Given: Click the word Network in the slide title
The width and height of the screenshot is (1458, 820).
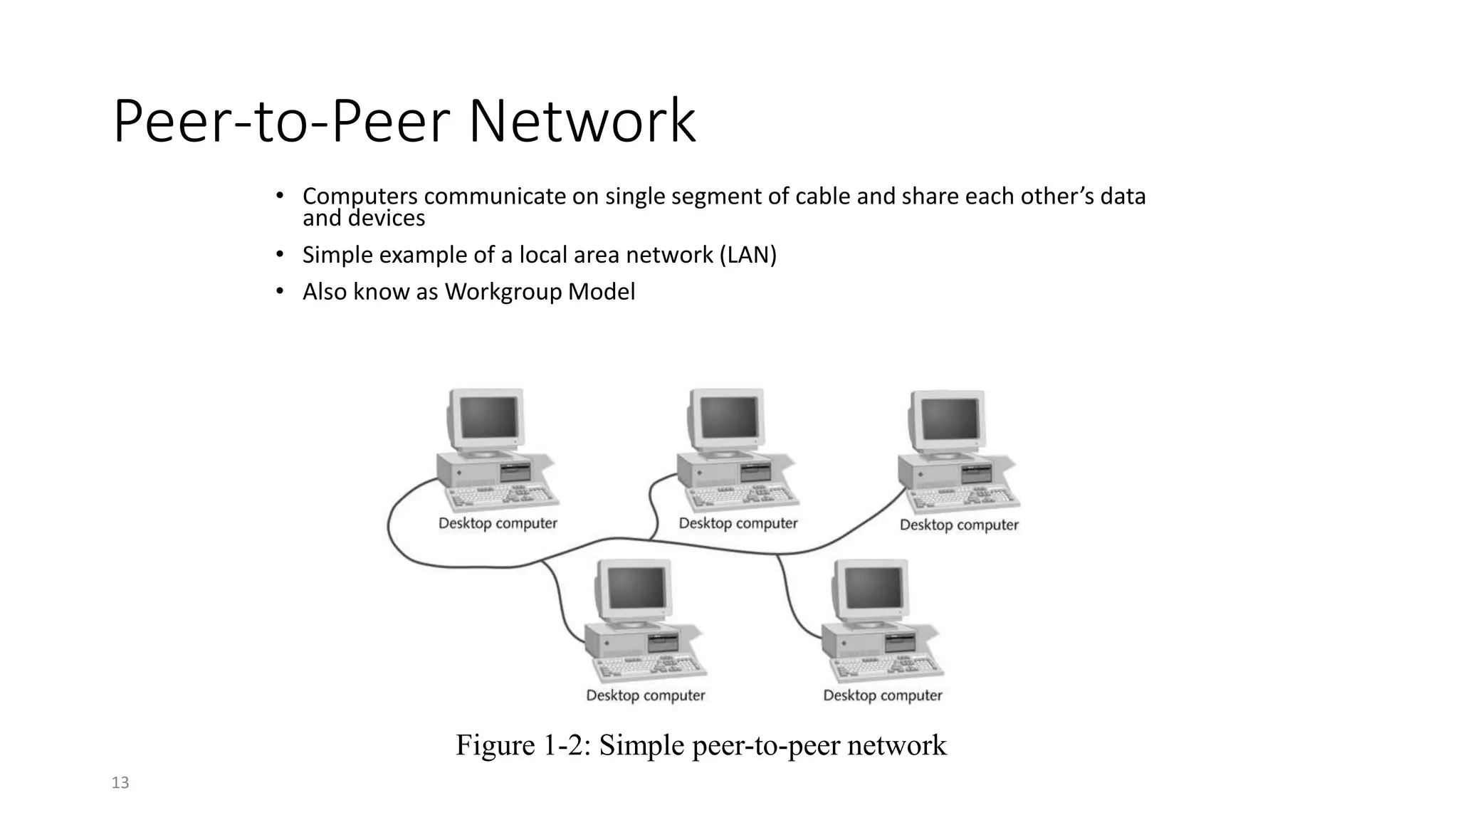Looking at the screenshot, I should point(582,122).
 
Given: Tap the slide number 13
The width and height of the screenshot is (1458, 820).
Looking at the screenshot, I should point(120,783).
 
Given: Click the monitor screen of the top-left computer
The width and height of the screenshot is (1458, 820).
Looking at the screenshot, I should point(488,417).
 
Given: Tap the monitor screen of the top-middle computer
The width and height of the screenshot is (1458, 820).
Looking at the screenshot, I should point(729,417).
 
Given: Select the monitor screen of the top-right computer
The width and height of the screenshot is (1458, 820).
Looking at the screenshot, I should point(950,419).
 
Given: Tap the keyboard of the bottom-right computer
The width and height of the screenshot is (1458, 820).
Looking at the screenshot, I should point(886,666).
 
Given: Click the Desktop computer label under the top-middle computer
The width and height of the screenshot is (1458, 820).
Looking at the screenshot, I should point(738,523).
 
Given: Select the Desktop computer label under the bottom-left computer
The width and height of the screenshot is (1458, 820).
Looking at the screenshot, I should point(646,695).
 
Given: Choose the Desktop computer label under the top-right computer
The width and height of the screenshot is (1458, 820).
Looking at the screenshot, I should point(959,525).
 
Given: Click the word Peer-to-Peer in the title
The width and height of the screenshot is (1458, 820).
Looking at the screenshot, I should point(282,122).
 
